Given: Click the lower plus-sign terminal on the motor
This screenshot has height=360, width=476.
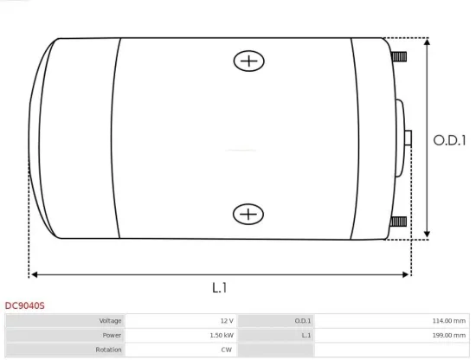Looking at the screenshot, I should click(249, 214).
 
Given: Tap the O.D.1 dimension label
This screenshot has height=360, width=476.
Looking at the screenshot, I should click(450, 138).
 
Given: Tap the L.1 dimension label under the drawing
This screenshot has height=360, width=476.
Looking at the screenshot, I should click(220, 286).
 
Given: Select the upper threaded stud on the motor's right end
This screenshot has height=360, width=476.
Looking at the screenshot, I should click(399, 58).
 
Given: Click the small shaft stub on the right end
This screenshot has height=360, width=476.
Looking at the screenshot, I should click(408, 138).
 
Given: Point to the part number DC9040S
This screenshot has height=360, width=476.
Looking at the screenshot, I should click(25, 305).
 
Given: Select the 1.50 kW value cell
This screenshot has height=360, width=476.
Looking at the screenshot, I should click(222, 335).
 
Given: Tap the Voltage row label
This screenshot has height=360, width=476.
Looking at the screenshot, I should click(109, 321).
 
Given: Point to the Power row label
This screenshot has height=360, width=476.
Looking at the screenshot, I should click(111, 335).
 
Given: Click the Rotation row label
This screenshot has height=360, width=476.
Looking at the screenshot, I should click(108, 349).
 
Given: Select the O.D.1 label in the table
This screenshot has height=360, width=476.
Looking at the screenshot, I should click(303, 321).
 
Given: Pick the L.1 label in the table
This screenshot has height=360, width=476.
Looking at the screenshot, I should click(306, 335).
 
